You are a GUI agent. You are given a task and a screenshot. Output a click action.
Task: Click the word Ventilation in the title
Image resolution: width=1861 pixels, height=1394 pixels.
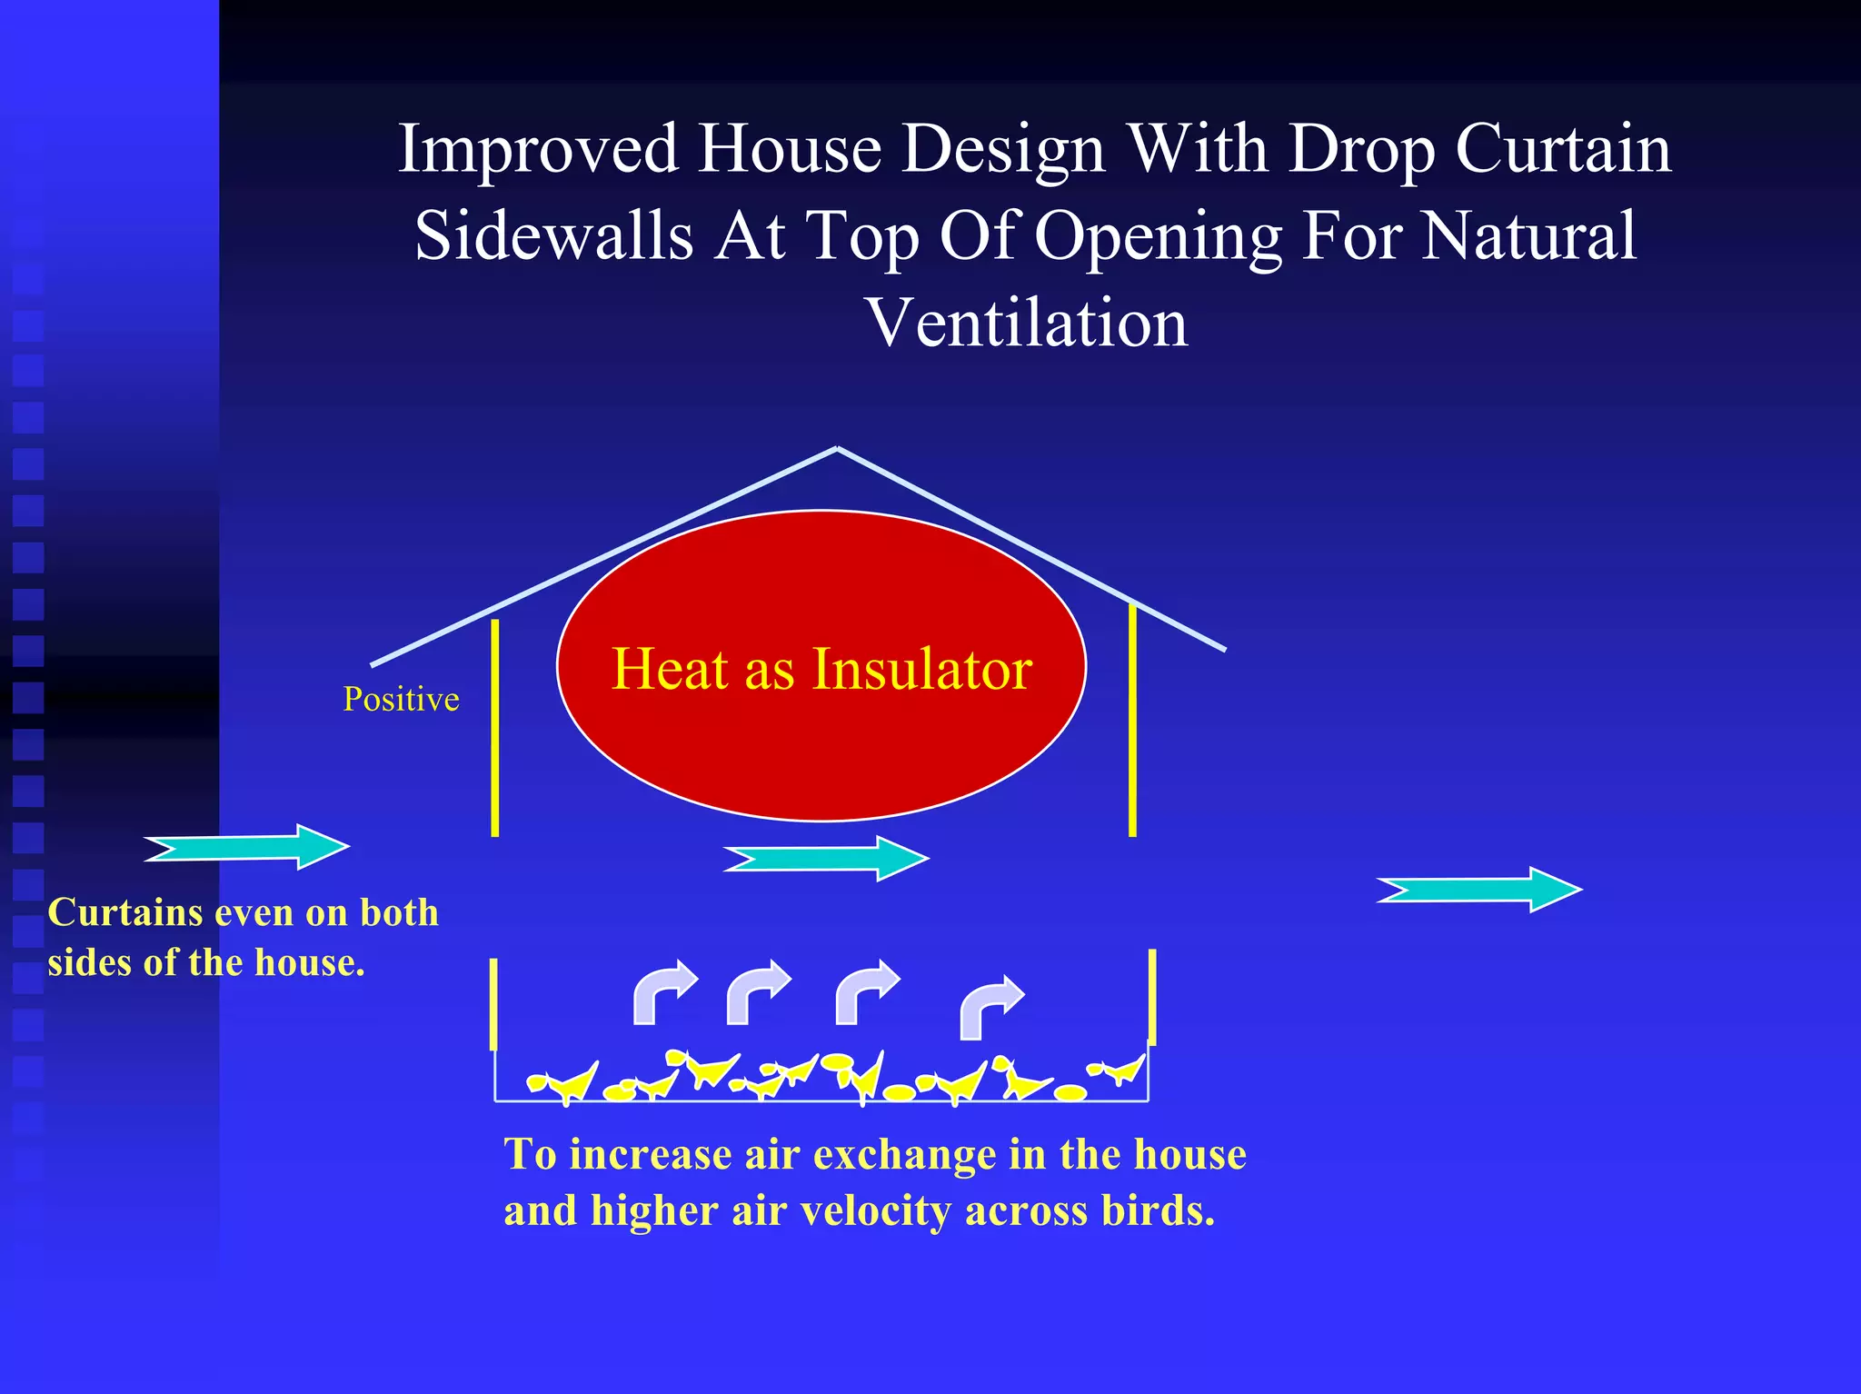point(1027,324)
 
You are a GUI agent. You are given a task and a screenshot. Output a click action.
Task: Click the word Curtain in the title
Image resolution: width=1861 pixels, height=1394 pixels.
point(1563,149)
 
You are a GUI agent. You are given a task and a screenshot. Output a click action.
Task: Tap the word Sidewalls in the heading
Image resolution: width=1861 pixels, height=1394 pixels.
point(554,236)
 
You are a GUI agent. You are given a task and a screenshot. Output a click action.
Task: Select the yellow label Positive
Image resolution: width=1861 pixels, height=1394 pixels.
point(401,699)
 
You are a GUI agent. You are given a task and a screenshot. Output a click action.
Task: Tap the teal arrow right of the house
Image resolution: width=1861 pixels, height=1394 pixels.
point(1480,890)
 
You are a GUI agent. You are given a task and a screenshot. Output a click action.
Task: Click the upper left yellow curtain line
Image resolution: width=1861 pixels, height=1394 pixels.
point(494,727)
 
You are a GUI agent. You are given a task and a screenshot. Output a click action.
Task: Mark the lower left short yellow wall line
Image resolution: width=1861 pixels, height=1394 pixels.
point(493,1004)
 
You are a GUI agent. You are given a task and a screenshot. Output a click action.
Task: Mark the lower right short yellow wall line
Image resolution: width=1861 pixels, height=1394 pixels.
point(1151,997)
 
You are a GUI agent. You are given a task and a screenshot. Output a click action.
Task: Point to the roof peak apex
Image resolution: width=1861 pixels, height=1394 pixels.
point(837,448)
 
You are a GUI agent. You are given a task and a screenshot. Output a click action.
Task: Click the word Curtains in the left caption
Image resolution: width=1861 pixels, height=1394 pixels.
point(124,912)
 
